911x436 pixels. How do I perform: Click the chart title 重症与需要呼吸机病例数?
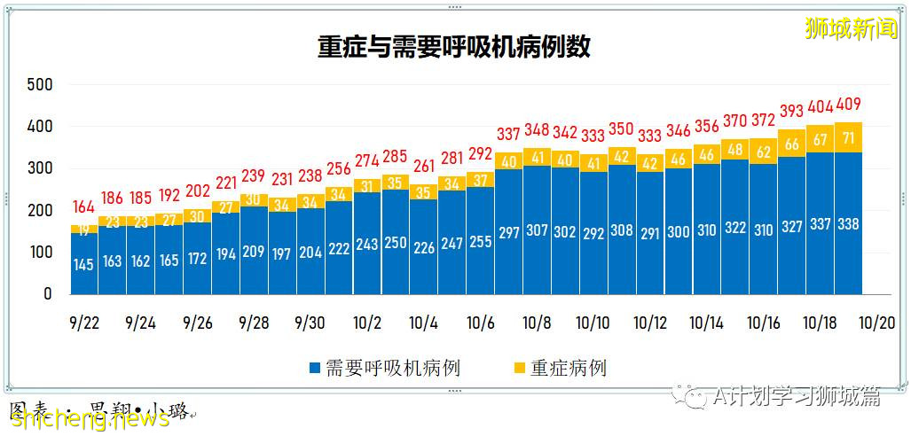[x=454, y=47]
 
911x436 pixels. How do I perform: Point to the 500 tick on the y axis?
[x=41, y=85]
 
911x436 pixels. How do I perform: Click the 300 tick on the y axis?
[x=41, y=168]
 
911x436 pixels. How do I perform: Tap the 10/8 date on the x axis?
[x=538, y=323]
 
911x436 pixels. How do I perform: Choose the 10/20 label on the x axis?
[x=877, y=323]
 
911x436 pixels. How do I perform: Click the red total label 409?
[x=848, y=104]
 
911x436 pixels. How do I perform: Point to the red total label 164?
[x=83, y=208]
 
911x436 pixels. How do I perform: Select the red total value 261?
[x=424, y=166]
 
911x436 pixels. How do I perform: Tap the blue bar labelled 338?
[x=848, y=223]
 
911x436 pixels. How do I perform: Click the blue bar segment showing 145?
[x=83, y=263]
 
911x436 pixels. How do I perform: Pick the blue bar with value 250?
[x=396, y=242]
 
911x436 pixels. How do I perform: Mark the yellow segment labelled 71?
[x=848, y=137]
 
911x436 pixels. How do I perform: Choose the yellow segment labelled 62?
[x=763, y=152]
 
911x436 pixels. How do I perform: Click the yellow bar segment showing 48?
[x=734, y=150]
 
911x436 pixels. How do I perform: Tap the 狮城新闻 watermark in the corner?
[x=851, y=28]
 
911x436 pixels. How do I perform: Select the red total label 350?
[x=622, y=129]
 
